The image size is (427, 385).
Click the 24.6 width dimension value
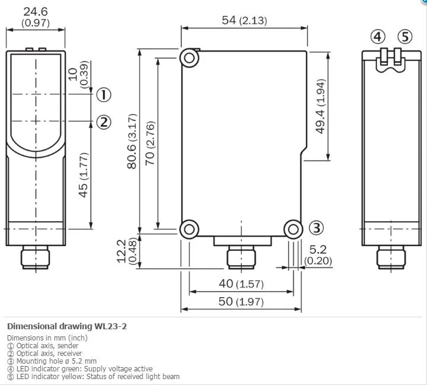36,12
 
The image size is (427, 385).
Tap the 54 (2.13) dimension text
244,20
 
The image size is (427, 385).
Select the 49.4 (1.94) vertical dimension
320,106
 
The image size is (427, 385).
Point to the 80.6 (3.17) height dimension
132,141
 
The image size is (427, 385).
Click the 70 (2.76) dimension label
150,143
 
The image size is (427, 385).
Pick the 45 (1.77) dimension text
84,174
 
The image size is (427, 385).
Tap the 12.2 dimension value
122,251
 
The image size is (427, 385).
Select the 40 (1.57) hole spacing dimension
241,284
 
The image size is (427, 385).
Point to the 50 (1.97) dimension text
241,301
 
